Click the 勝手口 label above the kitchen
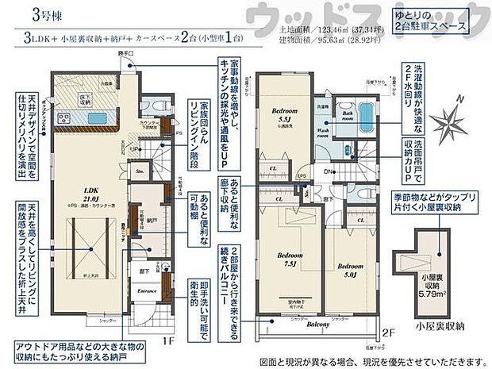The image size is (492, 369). click(124, 52)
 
